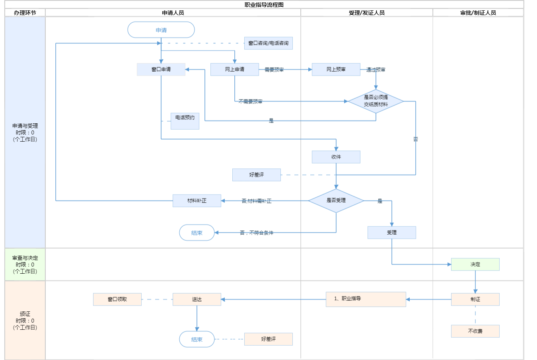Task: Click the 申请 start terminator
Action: [161, 30]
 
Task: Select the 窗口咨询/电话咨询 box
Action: [268, 43]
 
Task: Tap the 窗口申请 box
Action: [161, 69]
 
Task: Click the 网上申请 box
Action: [235, 69]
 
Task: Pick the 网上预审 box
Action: [336, 69]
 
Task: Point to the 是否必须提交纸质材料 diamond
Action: [376, 101]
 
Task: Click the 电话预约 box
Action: [185, 121]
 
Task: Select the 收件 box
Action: [336, 157]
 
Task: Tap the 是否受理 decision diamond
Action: [336, 200]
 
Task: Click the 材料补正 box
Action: [197, 200]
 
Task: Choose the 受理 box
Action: [392, 232]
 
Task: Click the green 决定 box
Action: [475, 264]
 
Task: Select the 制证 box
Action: [475, 299]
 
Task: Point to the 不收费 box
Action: [475, 331]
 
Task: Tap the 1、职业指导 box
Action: [366, 299]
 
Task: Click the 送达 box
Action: [197, 299]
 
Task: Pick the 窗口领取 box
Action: [117, 299]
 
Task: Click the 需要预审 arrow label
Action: [274, 70]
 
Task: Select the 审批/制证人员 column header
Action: [478, 13]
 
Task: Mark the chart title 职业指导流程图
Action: [264, 5]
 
